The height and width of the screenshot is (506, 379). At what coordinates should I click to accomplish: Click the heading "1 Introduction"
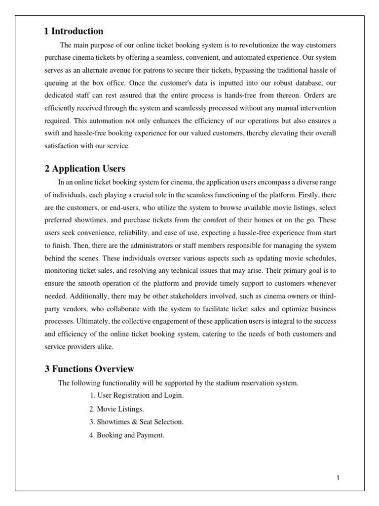tap(74, 31)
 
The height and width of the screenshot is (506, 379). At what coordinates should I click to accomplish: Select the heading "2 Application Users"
tap(85, 169)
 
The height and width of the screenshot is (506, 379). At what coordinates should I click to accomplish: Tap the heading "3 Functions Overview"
tap(89, 369)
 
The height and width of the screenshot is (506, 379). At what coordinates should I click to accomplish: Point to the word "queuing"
tap(56, 83)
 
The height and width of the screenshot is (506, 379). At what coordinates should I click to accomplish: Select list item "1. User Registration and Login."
tap(138, 396)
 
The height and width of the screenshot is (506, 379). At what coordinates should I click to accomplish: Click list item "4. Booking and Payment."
tap(127, 435)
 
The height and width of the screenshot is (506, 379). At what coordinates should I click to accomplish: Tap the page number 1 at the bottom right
tap(338, 477)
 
